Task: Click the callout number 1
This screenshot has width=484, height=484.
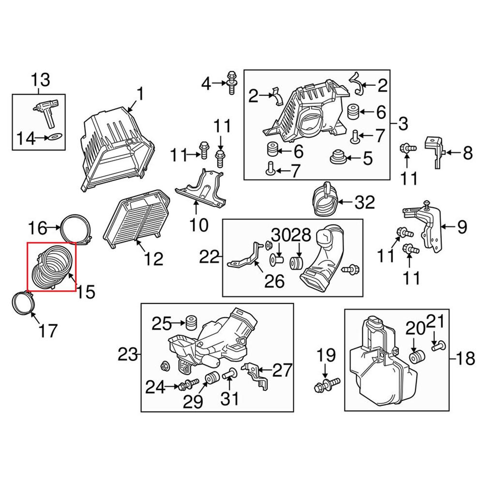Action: click(x=140, y=94)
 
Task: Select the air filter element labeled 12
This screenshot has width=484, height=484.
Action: click(x=137, y=217)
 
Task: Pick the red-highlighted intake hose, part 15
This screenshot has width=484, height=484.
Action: click(x=52, y=267)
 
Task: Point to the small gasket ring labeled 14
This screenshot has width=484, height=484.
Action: click(x=55, y=136)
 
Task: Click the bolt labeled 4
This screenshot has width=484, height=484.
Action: click(x=231, y=82)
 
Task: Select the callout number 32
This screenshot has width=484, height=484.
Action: click(x=364, y=202)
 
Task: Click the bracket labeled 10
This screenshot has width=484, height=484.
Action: click(x=201, y=189)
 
